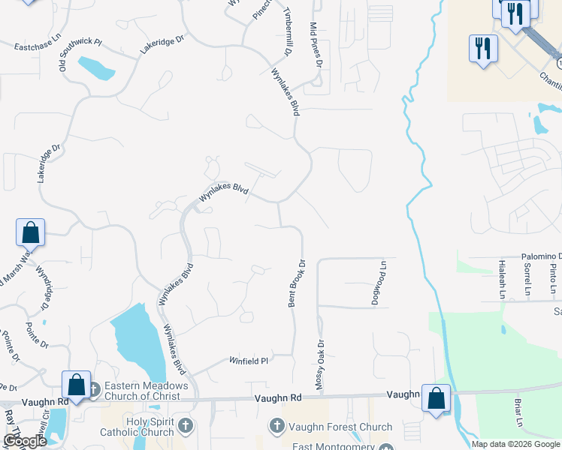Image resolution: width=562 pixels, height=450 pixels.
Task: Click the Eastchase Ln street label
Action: [37, 46]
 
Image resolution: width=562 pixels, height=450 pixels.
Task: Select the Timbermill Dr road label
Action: [287, 33]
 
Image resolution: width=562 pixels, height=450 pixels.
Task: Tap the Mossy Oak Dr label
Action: [320, 365]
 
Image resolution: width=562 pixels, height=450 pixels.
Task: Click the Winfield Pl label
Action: [249, 361]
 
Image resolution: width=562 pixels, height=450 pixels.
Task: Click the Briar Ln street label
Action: [518, 413]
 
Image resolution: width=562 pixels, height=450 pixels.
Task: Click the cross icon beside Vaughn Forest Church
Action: [276, 427]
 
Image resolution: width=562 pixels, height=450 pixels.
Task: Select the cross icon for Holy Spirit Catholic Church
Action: [185, 427]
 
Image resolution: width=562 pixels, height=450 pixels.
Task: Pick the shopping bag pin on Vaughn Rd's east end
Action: [436, 397]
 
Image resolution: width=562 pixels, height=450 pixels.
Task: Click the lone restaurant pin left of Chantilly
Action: [482, 49]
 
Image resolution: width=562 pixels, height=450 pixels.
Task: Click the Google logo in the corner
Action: [25, 441]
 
